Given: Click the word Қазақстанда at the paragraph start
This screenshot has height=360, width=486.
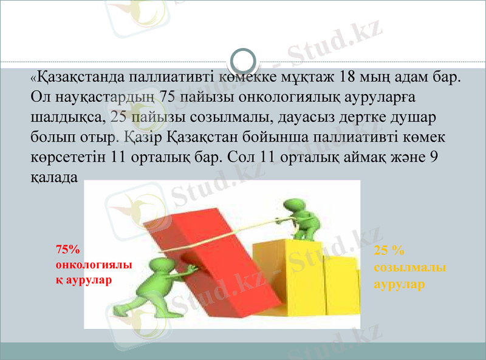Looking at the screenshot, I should pyautogui.click(x=78, y=78).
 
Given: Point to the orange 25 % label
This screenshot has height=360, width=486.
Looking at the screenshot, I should pyautogui.click(x=389, y=250).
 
